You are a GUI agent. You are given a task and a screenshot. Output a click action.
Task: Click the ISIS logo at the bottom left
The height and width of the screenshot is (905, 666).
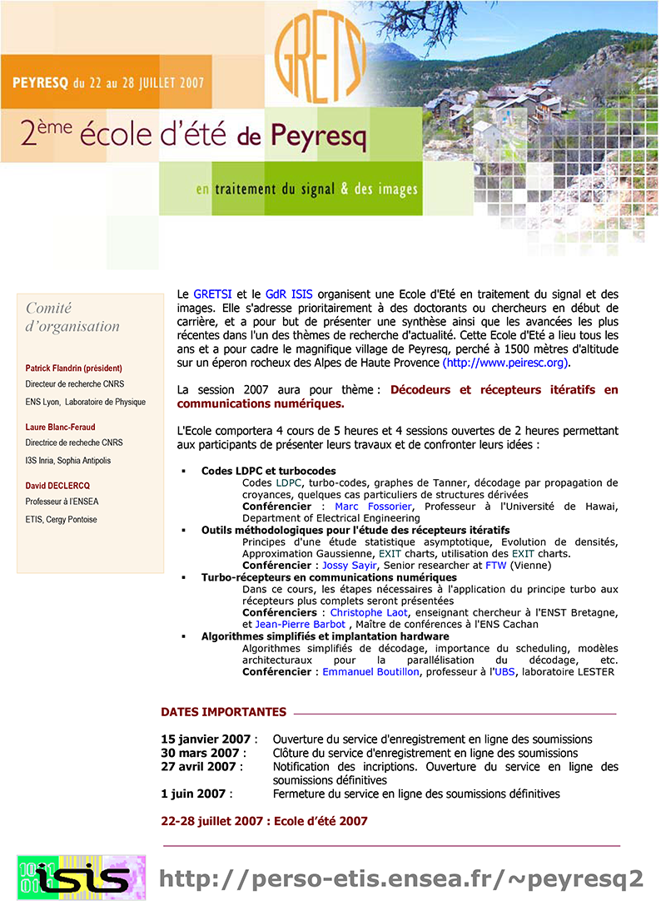(82, 878)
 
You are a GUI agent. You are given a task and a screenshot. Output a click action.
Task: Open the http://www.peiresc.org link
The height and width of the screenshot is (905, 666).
(506, 363)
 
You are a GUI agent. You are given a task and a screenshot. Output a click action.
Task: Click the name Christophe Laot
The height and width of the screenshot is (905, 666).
(369, 612)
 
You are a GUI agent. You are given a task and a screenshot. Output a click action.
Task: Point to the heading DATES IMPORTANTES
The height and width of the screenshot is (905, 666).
(223, 712)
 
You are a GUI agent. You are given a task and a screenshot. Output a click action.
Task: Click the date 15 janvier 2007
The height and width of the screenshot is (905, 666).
(206, 739)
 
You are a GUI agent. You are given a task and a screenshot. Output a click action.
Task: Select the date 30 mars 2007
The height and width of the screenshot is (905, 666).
(200, 753)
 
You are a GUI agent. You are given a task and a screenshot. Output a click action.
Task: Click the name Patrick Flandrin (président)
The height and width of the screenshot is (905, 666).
(74, 368)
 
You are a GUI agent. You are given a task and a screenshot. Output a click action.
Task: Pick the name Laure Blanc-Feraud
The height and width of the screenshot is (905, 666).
(61, 427)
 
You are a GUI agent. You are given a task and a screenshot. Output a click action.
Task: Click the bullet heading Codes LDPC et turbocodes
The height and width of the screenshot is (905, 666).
(268, 471)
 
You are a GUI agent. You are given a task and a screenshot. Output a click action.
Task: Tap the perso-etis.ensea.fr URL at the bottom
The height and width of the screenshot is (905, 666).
(400, 878)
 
